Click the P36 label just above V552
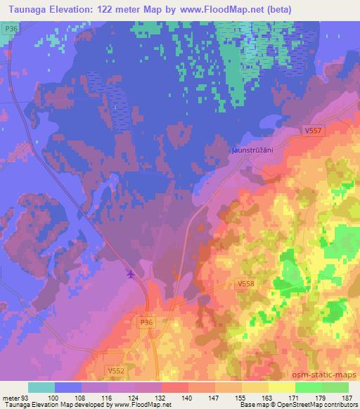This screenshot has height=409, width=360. click(145, 321)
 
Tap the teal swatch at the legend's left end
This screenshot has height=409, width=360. click(41, 387)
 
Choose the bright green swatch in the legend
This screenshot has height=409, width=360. click(308, 387)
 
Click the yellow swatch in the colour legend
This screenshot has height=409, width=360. click(281, 387)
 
